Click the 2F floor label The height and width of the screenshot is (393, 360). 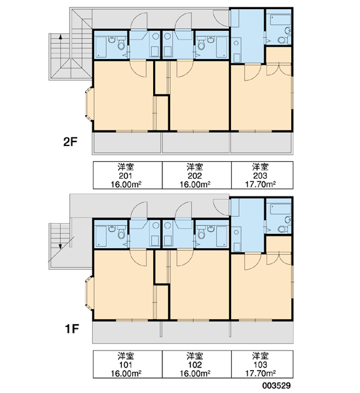coord(70,142)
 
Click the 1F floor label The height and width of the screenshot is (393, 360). coord(72,329)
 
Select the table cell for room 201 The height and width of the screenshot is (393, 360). coord(128,175)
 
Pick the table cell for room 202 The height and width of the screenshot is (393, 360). coord(196,175)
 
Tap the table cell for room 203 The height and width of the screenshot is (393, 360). coord(262,175)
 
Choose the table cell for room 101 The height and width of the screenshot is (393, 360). coord(128,364)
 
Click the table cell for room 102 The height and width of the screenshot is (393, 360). coord(196,364)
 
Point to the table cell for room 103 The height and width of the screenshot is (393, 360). coord(262,364)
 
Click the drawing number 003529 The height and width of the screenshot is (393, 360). coord(277,386)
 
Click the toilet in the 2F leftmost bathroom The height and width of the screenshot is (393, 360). coord(121,43)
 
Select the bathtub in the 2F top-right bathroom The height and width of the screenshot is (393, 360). coord(281,20)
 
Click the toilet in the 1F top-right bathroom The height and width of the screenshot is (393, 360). coord(284,229)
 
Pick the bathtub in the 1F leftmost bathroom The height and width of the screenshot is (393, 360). coord(101,236)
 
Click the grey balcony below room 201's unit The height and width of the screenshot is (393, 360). coord(127,142)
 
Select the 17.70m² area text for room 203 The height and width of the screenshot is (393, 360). coord(261,185)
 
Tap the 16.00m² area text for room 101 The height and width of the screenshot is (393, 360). coord(126,373)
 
